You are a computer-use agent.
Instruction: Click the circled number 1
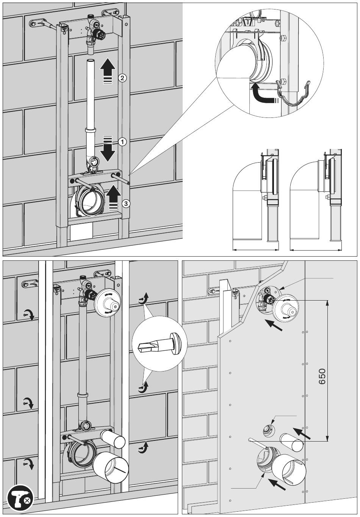[122, 141]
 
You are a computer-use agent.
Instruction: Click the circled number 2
[122, 78]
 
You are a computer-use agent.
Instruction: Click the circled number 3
[125, 203]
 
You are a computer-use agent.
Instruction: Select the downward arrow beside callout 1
[108, 149]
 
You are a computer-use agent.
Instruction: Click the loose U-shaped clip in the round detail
[293, 93]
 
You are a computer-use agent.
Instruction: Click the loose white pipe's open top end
[91, 61]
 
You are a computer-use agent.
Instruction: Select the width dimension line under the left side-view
[255, 249]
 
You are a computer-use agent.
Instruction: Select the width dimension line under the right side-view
[315, 249]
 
